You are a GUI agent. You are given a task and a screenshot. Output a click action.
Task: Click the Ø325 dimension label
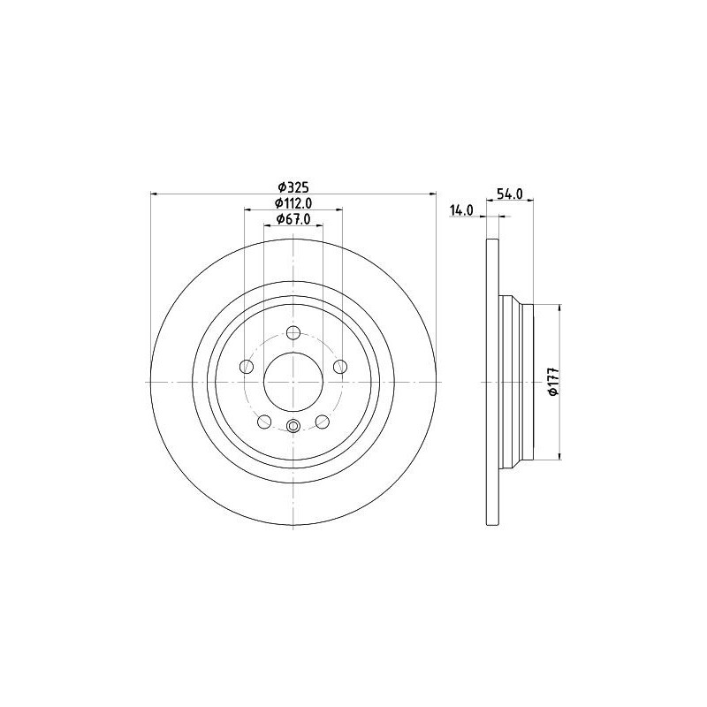pos(293,186)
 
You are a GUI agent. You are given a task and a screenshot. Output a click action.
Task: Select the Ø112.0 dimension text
pos(293,203)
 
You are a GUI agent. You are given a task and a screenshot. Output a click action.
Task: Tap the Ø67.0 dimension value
pos(293,219)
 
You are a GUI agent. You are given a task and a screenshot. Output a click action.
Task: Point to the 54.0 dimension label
pos(510,194)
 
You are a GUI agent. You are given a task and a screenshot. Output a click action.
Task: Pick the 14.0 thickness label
pos(461,210)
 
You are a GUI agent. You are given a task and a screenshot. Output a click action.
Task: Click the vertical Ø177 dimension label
pos(554,383)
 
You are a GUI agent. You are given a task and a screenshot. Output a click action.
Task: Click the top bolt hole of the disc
pos(293,333)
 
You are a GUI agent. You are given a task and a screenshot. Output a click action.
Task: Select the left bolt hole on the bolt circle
pos(247,367)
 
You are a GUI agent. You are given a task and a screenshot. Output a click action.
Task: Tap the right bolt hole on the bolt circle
pos(340,367)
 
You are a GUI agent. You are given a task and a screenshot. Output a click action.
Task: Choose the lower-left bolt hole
pos(264,422)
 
